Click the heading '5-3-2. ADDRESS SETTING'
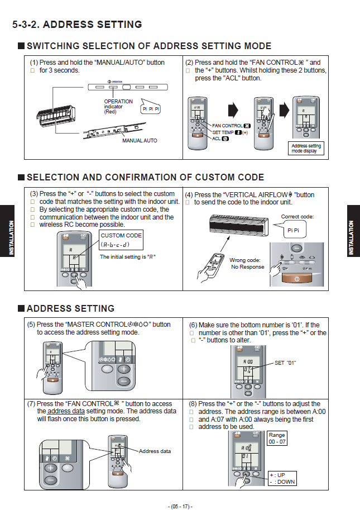(77, 25)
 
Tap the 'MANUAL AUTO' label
(140, 141)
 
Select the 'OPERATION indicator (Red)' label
(118, 106)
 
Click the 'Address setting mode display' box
(306, 149)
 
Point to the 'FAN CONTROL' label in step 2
(227, 126)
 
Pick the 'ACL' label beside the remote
(217, 138)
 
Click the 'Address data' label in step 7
(155, 451)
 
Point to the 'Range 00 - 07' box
(277, 438)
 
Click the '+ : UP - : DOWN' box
(281, 478)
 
